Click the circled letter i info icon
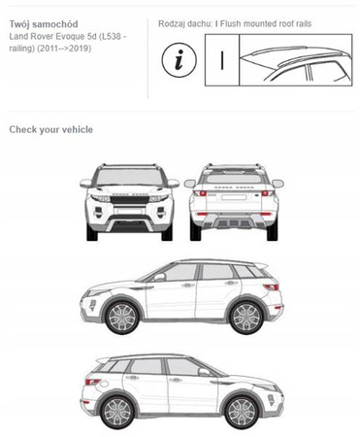[179, 60]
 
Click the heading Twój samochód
[44, 24]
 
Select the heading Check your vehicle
[51, 129]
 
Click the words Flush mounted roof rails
[266, 23]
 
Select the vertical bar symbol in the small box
[222, 60]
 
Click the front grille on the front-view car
[129, 199]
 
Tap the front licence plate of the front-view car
[130, 211]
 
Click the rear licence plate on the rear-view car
[234, 197]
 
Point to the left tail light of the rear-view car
[200, 193]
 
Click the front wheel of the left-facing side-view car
[122, 317]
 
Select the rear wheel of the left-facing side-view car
[246, 317]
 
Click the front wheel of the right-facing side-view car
[242, 412]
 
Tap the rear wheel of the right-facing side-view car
[117, 412]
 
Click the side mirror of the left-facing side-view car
[159, 278]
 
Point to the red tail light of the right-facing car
[92, 382]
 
